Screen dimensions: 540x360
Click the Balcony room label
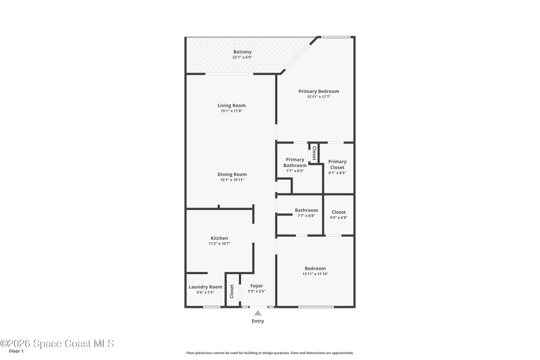click(243, 52)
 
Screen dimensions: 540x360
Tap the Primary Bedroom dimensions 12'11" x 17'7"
click(319, 97)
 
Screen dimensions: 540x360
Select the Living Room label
click(232, 105)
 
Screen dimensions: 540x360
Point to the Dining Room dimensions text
click(232, 180)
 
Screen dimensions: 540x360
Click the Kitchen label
click(219, 238)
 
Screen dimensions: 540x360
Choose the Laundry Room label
click(206, 287)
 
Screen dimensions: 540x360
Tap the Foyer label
click(257, 286)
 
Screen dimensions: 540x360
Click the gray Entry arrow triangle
click(257, 313)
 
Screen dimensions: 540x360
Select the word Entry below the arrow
click(257, 321)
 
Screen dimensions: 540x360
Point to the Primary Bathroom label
click(295, 162)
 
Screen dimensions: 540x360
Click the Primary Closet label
click(337, 164)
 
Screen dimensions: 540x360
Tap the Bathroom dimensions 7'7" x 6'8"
click(306, 216)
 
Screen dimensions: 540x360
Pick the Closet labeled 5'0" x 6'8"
click(339, 212)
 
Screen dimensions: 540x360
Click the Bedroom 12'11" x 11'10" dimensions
click(315, 274)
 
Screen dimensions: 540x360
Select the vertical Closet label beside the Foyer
click(232, 291)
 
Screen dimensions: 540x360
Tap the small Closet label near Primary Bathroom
click(314, 153)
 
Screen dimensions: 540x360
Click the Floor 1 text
click(16, 352)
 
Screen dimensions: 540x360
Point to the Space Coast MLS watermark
click(57, 344)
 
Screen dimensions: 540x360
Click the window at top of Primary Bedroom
click(336, 37)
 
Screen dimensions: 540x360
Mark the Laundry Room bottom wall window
click(211, 307)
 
